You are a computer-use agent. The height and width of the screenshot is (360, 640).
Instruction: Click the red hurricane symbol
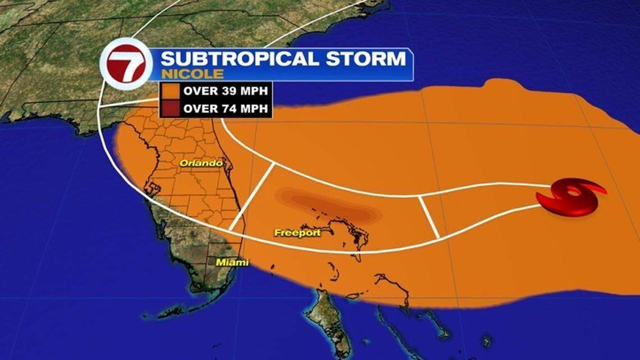[570, 197]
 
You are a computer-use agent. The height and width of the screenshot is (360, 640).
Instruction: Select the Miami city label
[232, 262]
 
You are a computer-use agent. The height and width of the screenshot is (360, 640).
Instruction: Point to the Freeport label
[297, 233]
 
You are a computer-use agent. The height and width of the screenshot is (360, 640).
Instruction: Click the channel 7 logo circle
[126, 64]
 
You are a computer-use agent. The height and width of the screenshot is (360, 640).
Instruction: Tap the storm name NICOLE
[193, 74]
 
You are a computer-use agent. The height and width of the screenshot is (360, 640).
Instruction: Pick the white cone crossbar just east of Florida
[252, 196]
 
